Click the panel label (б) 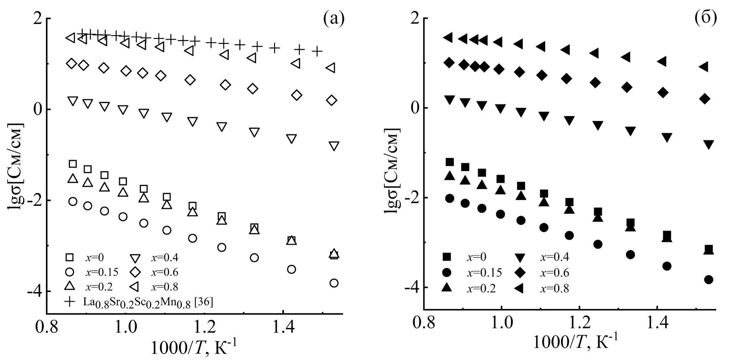[706, 18]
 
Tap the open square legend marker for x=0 [70, 257]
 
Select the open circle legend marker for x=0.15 [70, 272]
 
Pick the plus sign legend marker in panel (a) [70, 301]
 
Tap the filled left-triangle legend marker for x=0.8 [520, 288]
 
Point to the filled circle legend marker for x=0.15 [447, 272]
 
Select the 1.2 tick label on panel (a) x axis [205, 327]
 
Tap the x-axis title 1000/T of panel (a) [193, 348]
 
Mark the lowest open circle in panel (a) [334, 283]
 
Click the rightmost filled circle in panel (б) [709, 280]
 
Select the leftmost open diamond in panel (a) [72, 63]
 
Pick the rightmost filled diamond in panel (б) [705, 99]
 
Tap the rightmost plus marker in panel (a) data [317, 51]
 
